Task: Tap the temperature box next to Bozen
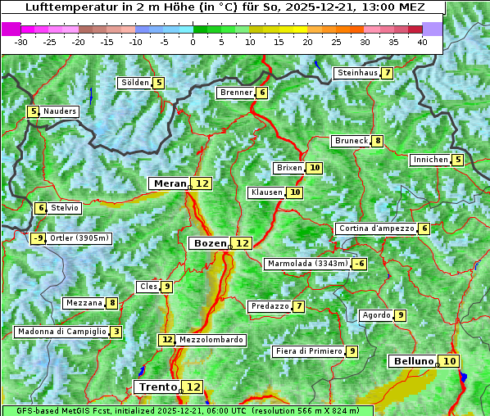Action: (242, 243)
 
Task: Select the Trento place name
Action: (157, 387)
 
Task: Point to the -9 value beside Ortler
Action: (38, 238)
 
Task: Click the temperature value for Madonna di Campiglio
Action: (116, 332)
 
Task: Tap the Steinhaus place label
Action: (357, 73)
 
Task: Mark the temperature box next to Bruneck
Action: (377, 141)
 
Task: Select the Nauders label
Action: (60, 111)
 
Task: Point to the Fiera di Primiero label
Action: (308, 351)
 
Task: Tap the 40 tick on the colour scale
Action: (422, 42)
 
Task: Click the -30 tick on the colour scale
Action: (21, 42)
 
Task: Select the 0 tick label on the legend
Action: (193, 42)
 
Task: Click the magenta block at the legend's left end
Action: (11, 29)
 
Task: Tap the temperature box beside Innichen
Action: (457, 160)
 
